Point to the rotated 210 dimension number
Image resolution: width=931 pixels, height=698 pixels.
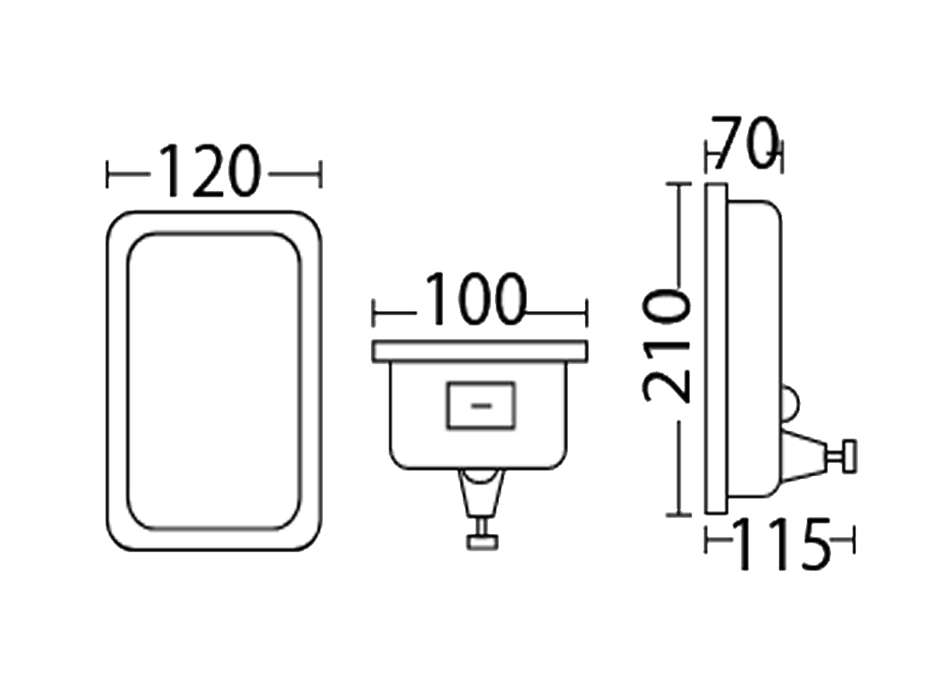coord(667,346)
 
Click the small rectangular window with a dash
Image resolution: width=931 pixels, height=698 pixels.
coord(481,405)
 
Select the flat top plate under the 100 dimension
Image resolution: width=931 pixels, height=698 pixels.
coord(479,352)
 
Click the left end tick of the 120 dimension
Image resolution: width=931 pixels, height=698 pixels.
coord(108,174)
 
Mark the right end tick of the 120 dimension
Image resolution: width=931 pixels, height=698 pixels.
coord(319,174)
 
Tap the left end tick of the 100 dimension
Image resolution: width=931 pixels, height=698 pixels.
coord(375,314)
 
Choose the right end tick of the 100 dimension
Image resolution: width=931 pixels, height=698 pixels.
coord(586,314)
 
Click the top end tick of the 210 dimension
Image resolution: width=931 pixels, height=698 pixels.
coord(678,184)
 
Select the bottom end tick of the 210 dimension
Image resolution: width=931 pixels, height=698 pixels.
coord(678,514)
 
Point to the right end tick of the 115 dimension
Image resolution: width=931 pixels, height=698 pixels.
coord(852,540)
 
